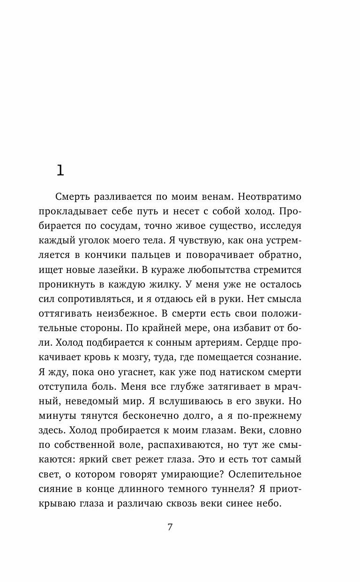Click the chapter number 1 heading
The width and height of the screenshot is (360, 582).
pyautogui.click(x=60, y=171)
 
